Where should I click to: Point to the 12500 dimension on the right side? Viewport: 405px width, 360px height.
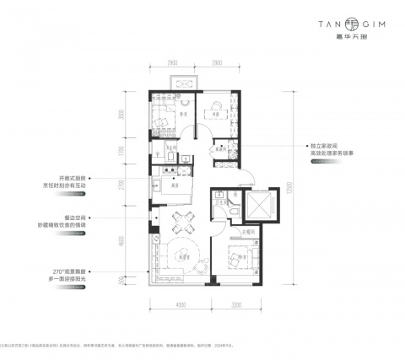[289, 185]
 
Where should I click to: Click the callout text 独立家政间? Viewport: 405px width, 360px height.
[325, 145]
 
